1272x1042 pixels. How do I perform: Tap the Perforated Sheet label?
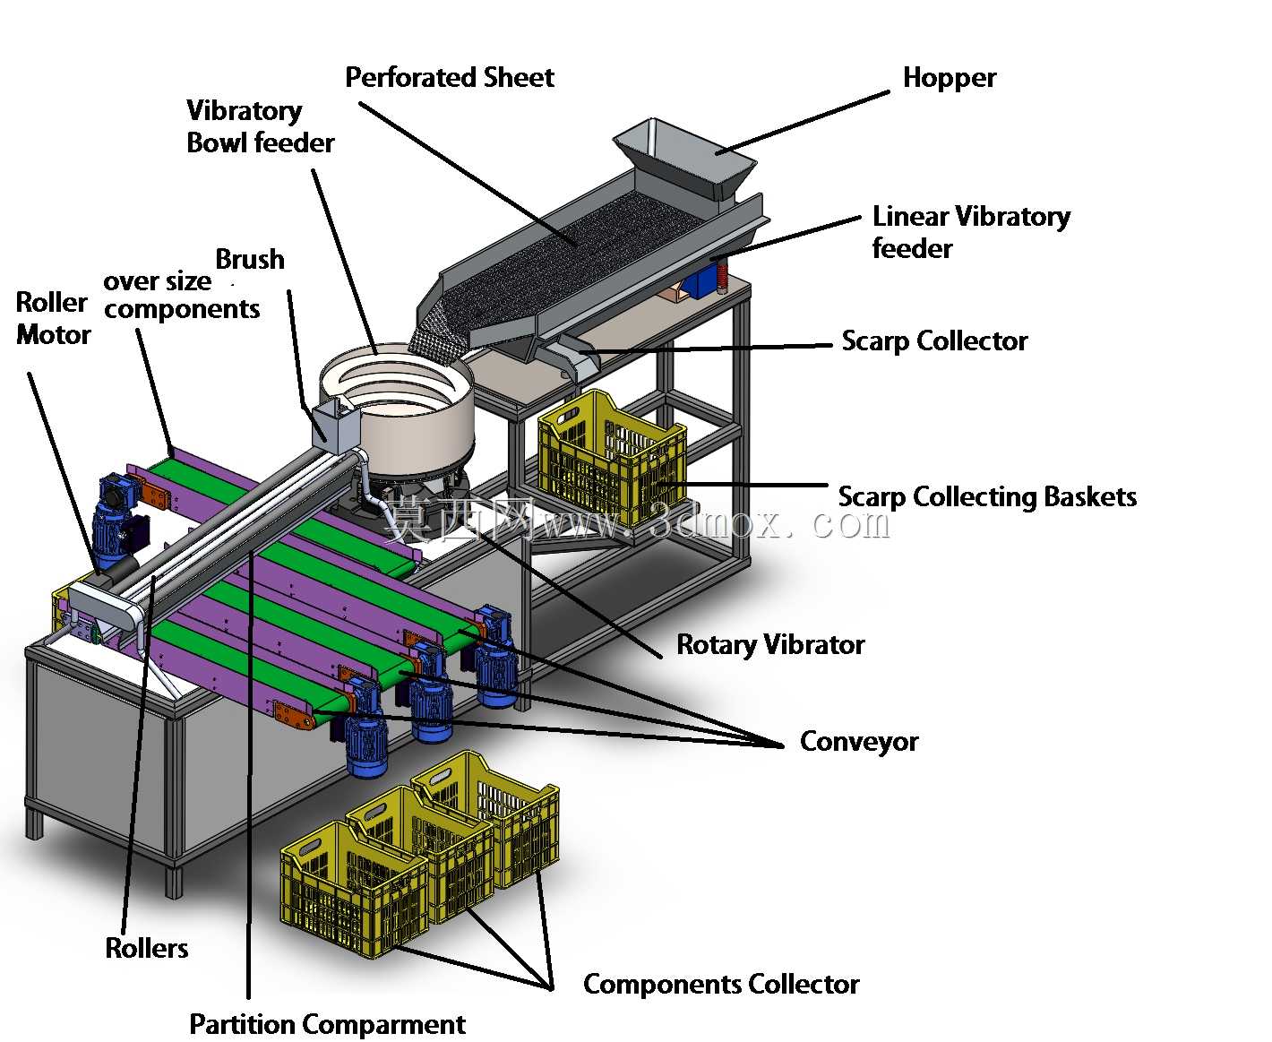click(450, 78)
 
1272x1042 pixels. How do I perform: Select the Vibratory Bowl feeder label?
click(260, 126)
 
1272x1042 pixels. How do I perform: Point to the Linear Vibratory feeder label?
click(970, 232)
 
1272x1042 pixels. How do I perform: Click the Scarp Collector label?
click(934, 341)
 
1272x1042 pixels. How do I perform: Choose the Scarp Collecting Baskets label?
click(987, 497)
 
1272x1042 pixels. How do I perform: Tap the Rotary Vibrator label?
click(770, 645)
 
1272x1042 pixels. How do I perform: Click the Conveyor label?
click(858, 742)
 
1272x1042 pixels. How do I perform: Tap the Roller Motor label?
click(53, 319)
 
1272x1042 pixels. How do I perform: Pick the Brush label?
click(250, 260)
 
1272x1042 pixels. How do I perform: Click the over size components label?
click(182, 296)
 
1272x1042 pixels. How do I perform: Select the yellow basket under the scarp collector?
click(611, 457)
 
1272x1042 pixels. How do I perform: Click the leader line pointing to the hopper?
click(803, 123)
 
